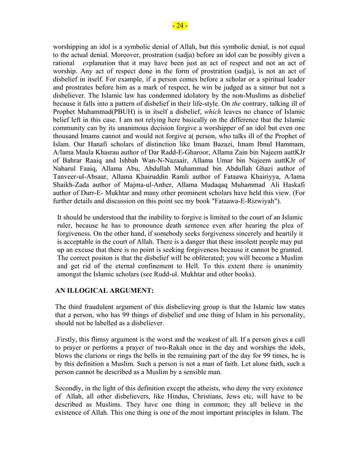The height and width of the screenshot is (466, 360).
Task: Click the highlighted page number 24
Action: pyautogui.click(x=180, y=25)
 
